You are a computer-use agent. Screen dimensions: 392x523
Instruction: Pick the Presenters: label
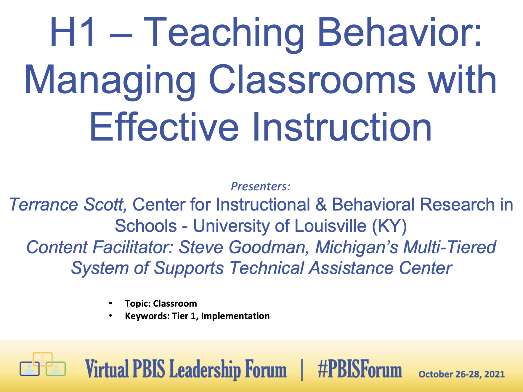tap(261, 186)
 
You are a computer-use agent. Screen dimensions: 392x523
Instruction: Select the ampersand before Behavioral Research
tap(321, 205)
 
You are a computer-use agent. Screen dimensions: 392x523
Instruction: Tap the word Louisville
tap(331, 226)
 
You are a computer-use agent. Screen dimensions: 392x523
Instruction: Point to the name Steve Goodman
tap(244, 247)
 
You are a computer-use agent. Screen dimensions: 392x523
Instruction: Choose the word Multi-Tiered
tap(450, 247)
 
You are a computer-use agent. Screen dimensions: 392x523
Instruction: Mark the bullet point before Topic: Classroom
tap(110, 303)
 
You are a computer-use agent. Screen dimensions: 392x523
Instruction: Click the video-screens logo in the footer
tap(43, 364)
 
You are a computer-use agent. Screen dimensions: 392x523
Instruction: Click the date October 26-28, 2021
tap(461, 374)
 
